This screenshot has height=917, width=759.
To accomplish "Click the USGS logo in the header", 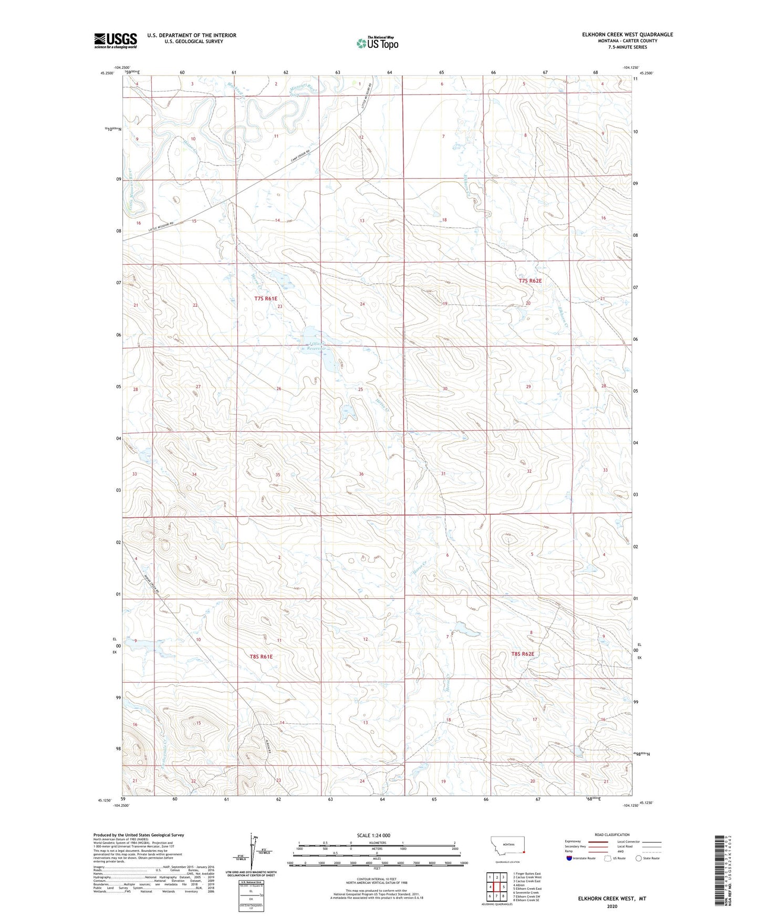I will [x=116, y=40].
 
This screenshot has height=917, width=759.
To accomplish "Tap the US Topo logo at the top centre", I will [x=377, y=43].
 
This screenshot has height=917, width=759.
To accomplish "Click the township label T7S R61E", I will [x=265, y=298].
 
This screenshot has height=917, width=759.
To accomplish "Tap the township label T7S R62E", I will [x=529, y=281].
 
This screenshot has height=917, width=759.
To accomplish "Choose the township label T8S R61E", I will [x=261, y=657].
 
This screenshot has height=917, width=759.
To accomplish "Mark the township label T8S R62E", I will [x=523, y=654].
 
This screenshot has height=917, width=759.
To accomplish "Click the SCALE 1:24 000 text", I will [x=373, y=835].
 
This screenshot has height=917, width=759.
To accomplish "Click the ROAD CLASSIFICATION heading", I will [x=612, y=835].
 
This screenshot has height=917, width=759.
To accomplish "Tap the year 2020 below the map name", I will [x=611, y=906].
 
